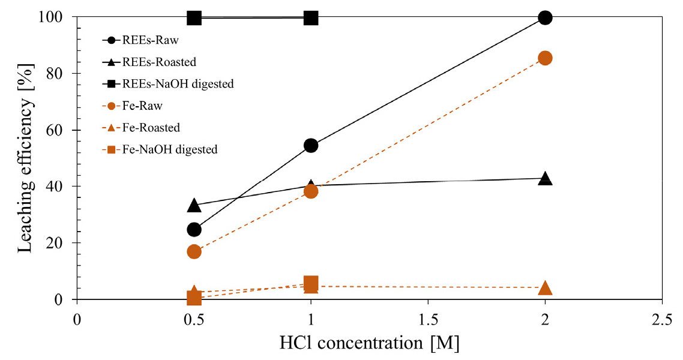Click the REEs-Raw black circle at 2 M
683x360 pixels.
point(545,18)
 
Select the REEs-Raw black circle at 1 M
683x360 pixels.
point(310,145)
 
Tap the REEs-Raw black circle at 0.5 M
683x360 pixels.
point(194,229)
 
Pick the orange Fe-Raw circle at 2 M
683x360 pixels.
point(545,58)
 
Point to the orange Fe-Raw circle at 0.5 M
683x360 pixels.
point(194,251)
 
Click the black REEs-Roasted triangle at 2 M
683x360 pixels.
point(545,178)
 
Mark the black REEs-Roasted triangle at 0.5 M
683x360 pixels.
point(194,205)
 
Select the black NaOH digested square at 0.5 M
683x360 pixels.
point(194,18)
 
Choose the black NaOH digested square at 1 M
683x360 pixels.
point(310,18)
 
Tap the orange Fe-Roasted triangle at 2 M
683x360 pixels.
point(545,288)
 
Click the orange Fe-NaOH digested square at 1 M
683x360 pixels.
point(310,283)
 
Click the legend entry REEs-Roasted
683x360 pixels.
point(149,62)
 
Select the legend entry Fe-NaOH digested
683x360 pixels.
point(160,150)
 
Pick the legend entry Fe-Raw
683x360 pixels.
point(133,106)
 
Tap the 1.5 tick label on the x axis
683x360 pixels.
point(428,320)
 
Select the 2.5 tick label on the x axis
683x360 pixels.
point(661,320)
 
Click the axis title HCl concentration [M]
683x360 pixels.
point(369,343)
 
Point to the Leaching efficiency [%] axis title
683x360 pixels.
point(25,158)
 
